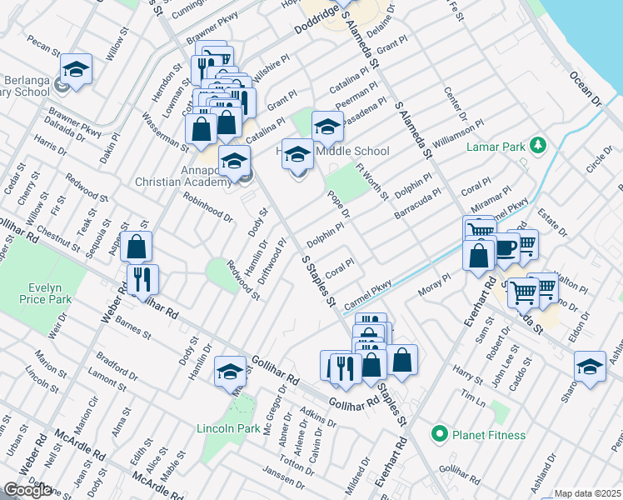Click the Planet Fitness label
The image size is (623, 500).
488,434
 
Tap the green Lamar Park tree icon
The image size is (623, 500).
538,146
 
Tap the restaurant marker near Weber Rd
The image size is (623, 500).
142,279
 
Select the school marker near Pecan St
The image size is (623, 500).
76,69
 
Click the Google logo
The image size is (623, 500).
27,490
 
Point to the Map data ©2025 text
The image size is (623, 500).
586,493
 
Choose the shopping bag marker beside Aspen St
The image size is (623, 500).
137,247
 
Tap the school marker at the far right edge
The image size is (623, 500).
590,367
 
